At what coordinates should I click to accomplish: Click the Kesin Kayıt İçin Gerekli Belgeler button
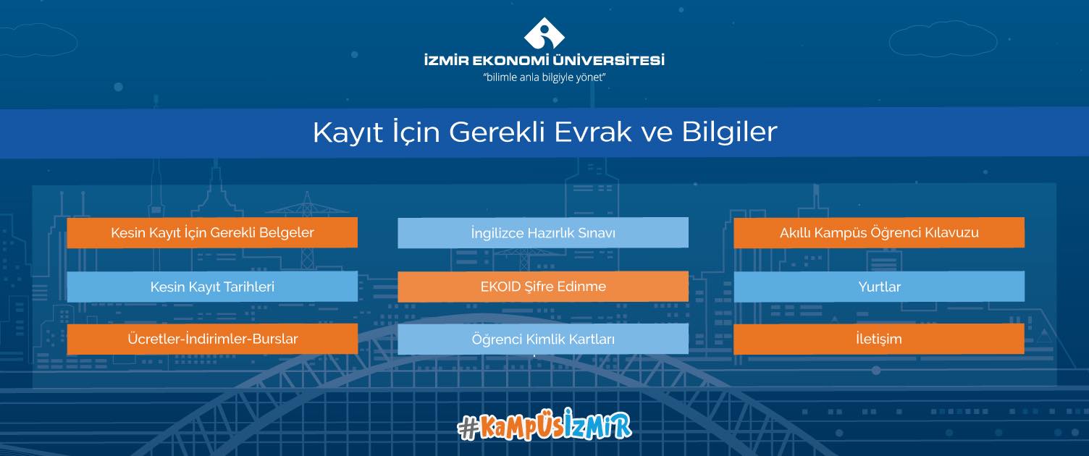click(212, 232)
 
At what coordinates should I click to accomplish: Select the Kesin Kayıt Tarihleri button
click(212, 287)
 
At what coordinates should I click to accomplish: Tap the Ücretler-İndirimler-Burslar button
click(212, 339)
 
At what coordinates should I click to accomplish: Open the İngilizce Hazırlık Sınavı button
click(543, 233)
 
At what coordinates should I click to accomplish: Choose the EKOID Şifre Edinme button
click(543, 287)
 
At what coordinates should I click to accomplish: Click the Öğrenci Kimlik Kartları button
click(543, 339)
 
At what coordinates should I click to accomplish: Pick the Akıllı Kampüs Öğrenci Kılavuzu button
click(879, 232)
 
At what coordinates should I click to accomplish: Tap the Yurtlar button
click(879, 287)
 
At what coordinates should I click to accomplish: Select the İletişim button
click(879, 339)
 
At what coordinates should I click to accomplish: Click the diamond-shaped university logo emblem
click(544, 33)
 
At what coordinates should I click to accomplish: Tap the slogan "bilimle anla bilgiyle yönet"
click(544, 77)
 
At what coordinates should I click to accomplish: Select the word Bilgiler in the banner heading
click(729, 131)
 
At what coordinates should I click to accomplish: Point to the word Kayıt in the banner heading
click(348, 132)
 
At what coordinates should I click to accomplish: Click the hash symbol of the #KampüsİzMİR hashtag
click(468, 428)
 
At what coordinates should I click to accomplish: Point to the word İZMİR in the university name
click(446, 60)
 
